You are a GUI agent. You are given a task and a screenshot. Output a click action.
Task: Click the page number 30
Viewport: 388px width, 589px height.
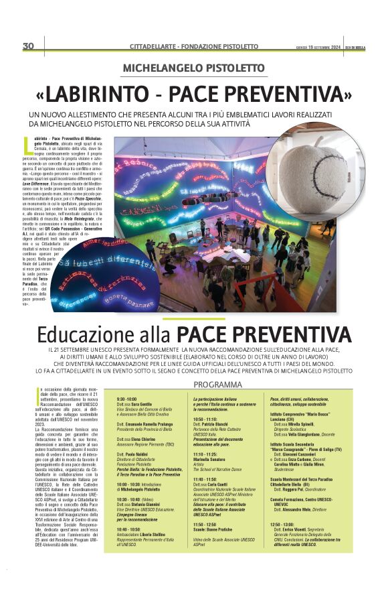28,46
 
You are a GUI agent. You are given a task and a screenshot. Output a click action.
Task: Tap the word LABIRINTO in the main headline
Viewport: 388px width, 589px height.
112,90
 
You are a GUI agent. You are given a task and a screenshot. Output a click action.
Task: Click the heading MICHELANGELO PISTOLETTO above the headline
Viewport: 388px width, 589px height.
193,68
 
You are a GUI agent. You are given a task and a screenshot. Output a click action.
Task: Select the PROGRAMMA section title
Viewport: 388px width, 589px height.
218,384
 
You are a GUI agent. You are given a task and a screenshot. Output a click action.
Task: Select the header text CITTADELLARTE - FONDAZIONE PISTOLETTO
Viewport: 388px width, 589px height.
193,46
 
